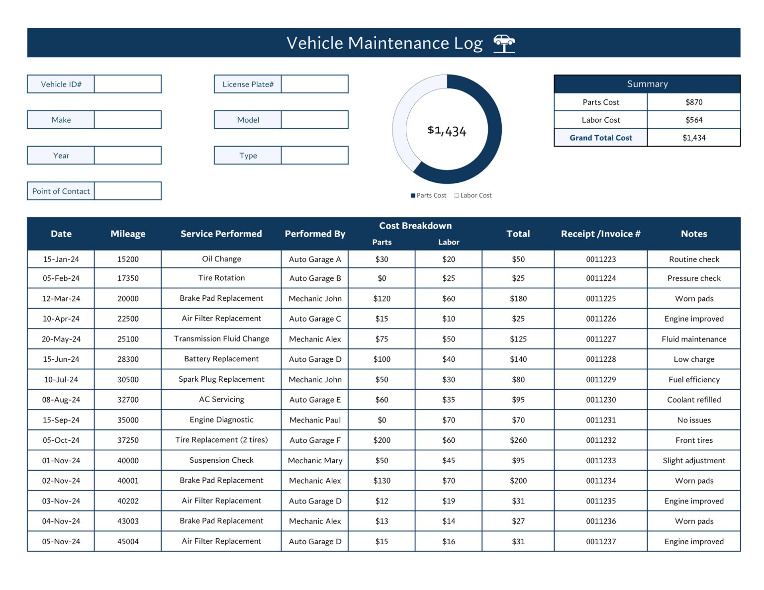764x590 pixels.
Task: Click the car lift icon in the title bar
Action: point(504,43)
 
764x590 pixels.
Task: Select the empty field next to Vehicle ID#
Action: point(128,84)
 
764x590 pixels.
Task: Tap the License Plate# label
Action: point(248,84)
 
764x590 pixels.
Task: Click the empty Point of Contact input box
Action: point(128,191)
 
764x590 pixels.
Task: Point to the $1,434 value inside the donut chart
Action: point(447,131)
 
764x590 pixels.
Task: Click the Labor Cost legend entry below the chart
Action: point(473,195)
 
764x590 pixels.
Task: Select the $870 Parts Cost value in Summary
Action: point(693,102)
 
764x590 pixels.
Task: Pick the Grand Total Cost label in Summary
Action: point(600,138)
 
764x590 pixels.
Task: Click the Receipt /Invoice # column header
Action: point(600,234)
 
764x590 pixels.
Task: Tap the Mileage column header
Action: point(128,234)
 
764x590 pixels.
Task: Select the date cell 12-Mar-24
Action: point(61,298)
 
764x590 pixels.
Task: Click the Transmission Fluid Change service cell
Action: point(221,338)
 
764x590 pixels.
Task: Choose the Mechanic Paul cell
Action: point(315,420)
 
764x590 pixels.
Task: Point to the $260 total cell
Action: point(518,440)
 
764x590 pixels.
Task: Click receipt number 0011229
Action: point(600,379)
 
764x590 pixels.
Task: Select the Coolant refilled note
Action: point(693,400)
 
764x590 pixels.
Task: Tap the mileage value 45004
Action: point(128,541)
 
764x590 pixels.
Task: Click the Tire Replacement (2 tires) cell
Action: point(221,440)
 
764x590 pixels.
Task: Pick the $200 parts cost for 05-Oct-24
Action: point(382,440)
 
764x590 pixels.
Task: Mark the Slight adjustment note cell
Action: point(693,460)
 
